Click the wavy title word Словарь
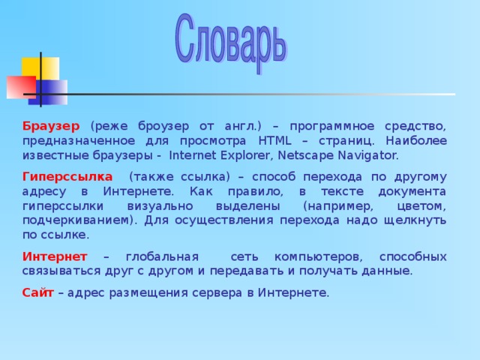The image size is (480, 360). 230,39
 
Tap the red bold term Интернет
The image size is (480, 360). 55,256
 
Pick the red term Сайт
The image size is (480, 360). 37,292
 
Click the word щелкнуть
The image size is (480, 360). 415,220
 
